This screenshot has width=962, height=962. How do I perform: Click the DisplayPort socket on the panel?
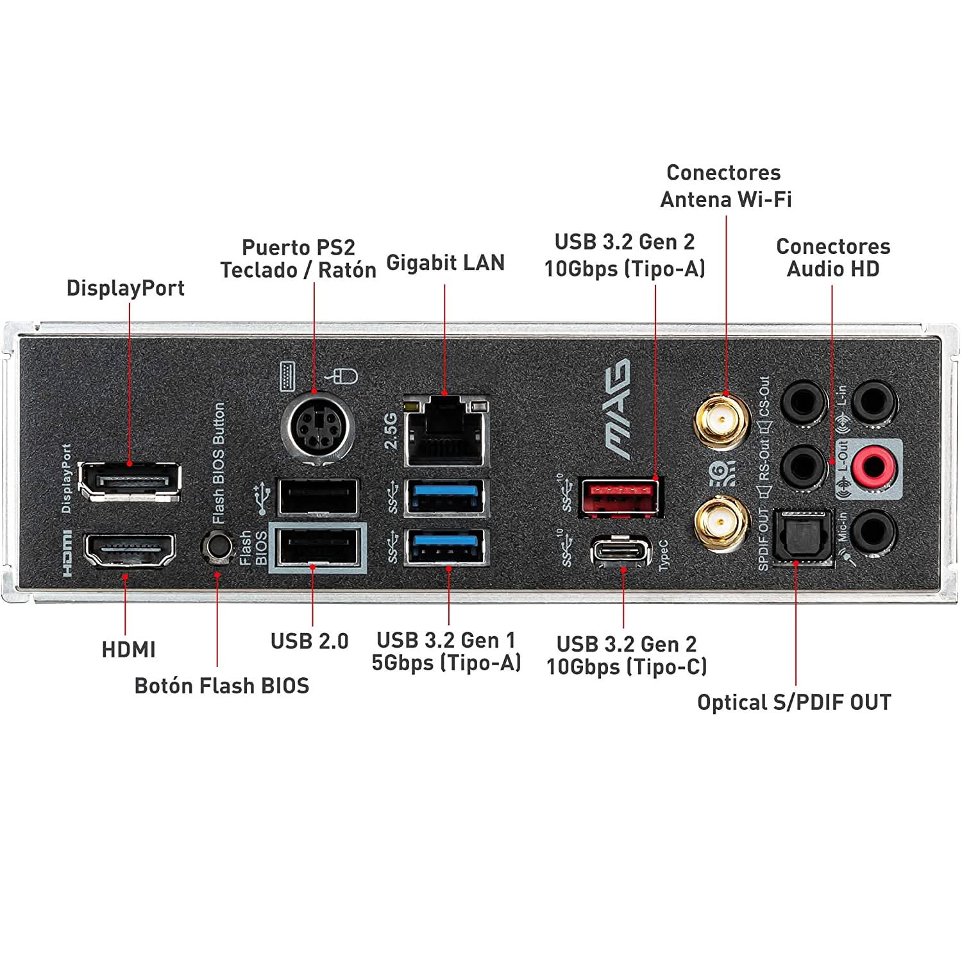(x=130, y=481)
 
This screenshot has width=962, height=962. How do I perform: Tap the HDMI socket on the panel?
(x=130, y=550)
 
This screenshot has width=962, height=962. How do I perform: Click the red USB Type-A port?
(x=619, y=497)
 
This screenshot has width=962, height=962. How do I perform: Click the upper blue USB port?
(x=446, y=497)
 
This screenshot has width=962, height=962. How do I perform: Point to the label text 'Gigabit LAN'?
(x=445, y=263)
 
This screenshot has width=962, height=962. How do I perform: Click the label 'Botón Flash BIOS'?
(x=221, y=686)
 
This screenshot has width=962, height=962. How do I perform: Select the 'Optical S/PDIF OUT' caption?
(x=794, y=702)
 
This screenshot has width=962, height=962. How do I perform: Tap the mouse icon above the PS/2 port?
(x=344, y=375)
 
